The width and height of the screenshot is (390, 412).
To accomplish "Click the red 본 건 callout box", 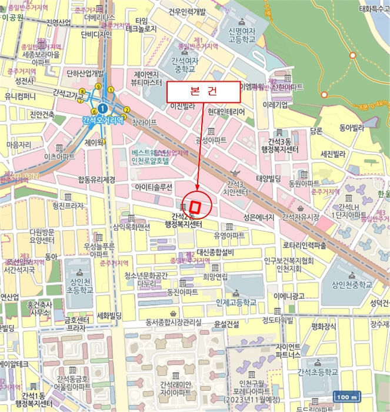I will (204, 92).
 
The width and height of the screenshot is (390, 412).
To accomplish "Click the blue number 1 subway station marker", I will (102, 108).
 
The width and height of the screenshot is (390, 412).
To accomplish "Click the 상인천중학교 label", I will (351, 285).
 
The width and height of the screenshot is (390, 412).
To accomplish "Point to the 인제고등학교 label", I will (236, 303).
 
